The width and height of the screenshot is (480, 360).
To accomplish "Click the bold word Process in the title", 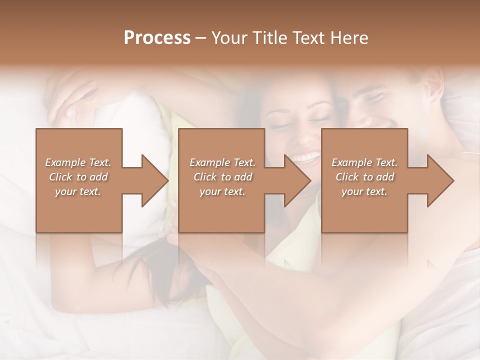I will point(157,38).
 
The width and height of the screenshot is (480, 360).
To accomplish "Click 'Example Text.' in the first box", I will point(78,162).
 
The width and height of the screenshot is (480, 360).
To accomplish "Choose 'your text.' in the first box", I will point(78,191).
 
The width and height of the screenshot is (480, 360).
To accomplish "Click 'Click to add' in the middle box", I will point(222,177).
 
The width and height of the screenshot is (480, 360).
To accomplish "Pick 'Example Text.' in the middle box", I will point(222,162).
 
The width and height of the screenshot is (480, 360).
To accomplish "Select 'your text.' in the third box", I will point(364,191).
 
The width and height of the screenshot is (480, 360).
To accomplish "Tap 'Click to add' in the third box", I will point(364,177).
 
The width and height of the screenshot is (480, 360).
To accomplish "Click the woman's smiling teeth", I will point(306,157).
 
